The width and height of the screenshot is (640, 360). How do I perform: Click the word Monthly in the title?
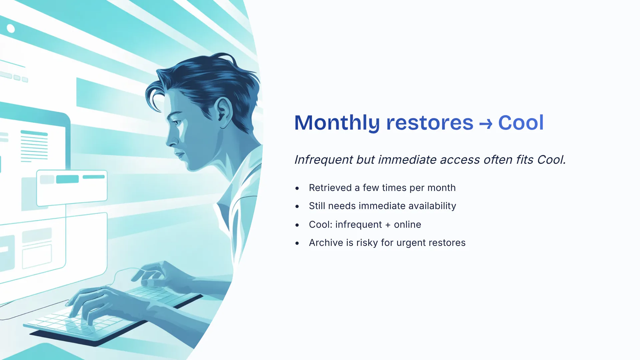(x=337, y=123)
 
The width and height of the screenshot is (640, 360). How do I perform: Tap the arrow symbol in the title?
(x=486, y=124)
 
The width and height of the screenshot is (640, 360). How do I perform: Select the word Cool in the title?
(x=521, y=122)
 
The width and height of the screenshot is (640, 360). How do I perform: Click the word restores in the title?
(x=430, y=123)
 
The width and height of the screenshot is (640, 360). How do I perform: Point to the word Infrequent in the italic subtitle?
(x=324, y=160)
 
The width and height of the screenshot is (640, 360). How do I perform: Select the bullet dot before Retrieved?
(x=297, y=188)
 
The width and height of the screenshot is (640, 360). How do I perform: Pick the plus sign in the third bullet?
(x=388, y=225)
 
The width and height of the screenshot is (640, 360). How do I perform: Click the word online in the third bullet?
(x=407, y=224)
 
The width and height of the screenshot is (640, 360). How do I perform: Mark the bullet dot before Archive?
(x=297, y=243)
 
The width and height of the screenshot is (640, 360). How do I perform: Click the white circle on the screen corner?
(x=11, y=29)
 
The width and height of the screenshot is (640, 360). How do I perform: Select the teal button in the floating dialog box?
(x=67, y=179)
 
